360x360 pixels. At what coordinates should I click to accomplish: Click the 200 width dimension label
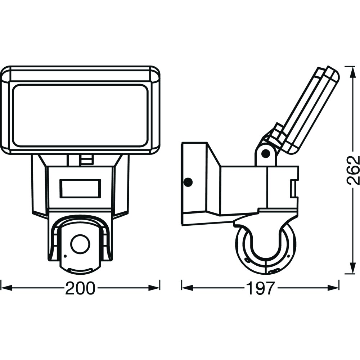coord(80,288)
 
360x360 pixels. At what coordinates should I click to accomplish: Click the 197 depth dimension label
coord(260,288)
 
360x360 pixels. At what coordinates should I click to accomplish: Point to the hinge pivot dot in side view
coord(266,153)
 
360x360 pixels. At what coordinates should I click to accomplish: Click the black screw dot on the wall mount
coord(188,182)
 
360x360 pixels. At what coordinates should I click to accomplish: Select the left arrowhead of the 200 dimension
coord(6,288)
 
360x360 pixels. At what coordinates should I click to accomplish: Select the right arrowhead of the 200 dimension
coord(154,288)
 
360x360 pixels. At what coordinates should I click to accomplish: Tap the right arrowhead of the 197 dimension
coord(333,288)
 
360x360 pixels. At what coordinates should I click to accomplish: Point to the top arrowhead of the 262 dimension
coord(352,72)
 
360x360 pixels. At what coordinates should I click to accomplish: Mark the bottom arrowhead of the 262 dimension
coord(352,268)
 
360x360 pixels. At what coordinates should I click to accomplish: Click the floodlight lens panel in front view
coord(80,116)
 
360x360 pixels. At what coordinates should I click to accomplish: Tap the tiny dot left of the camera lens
coord(65,256)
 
